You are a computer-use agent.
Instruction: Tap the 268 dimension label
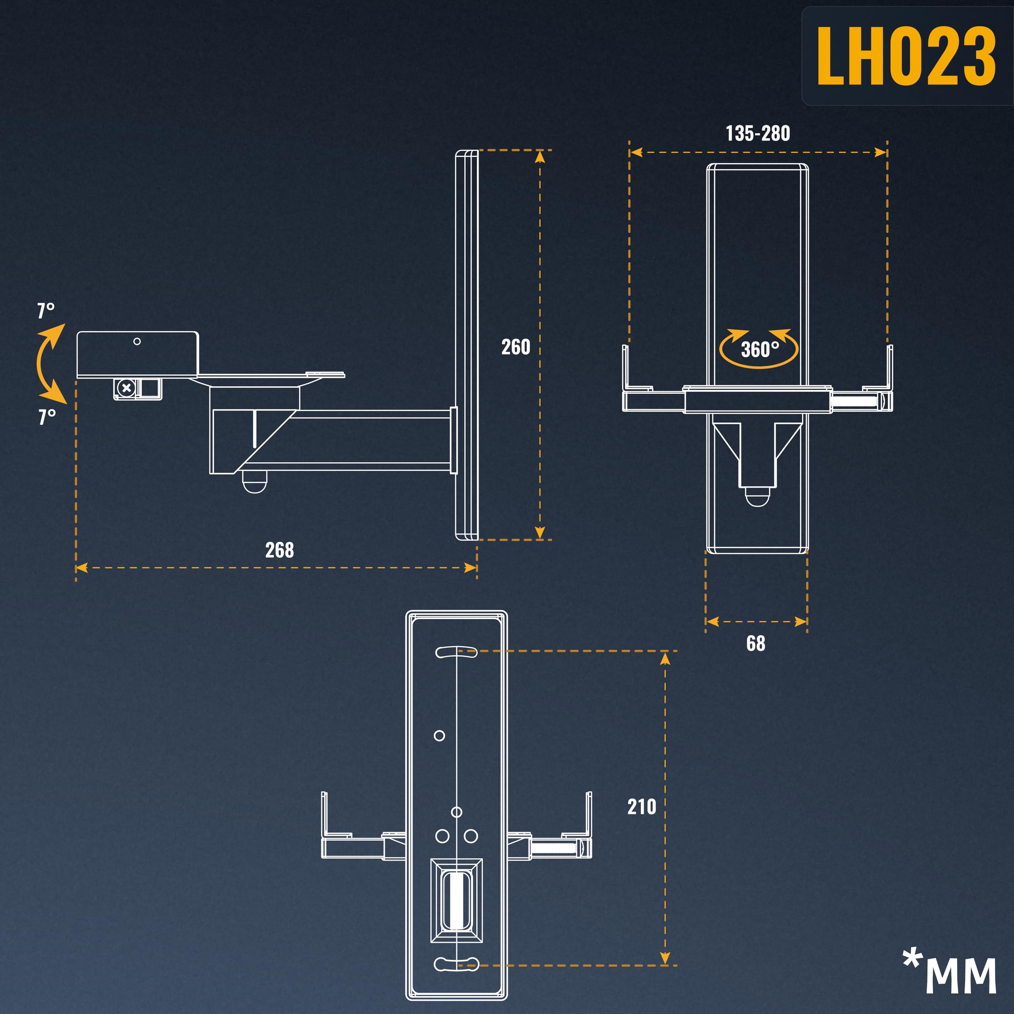pyautogui.click(x=279, y=550)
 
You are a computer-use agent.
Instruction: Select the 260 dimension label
pyautogui.click(x=515, y=347)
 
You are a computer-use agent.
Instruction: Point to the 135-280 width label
pyautogui.click(x=757, y=133)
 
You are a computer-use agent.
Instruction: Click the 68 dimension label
pyautogui.click(x=756, y=644)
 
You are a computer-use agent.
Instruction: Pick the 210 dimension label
pyautogui.click(x=641, y=807)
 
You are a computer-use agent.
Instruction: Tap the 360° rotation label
pyautogui.click(x=759, y=349)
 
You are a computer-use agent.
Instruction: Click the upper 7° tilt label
pyautogui.click(x=46, y=311)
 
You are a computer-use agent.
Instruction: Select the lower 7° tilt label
pyautogui.click(x=47, y=417)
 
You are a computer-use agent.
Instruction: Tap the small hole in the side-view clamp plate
pyautogui.click(x=137, y=342)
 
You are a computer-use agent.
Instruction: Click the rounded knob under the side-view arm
pyautogui.click(x=255, y=482)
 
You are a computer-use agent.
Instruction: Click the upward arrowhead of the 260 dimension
pyautogui.click(x=540, y=156)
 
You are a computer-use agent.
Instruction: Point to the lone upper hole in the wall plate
pyautogui.click(x=439, y=736)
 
